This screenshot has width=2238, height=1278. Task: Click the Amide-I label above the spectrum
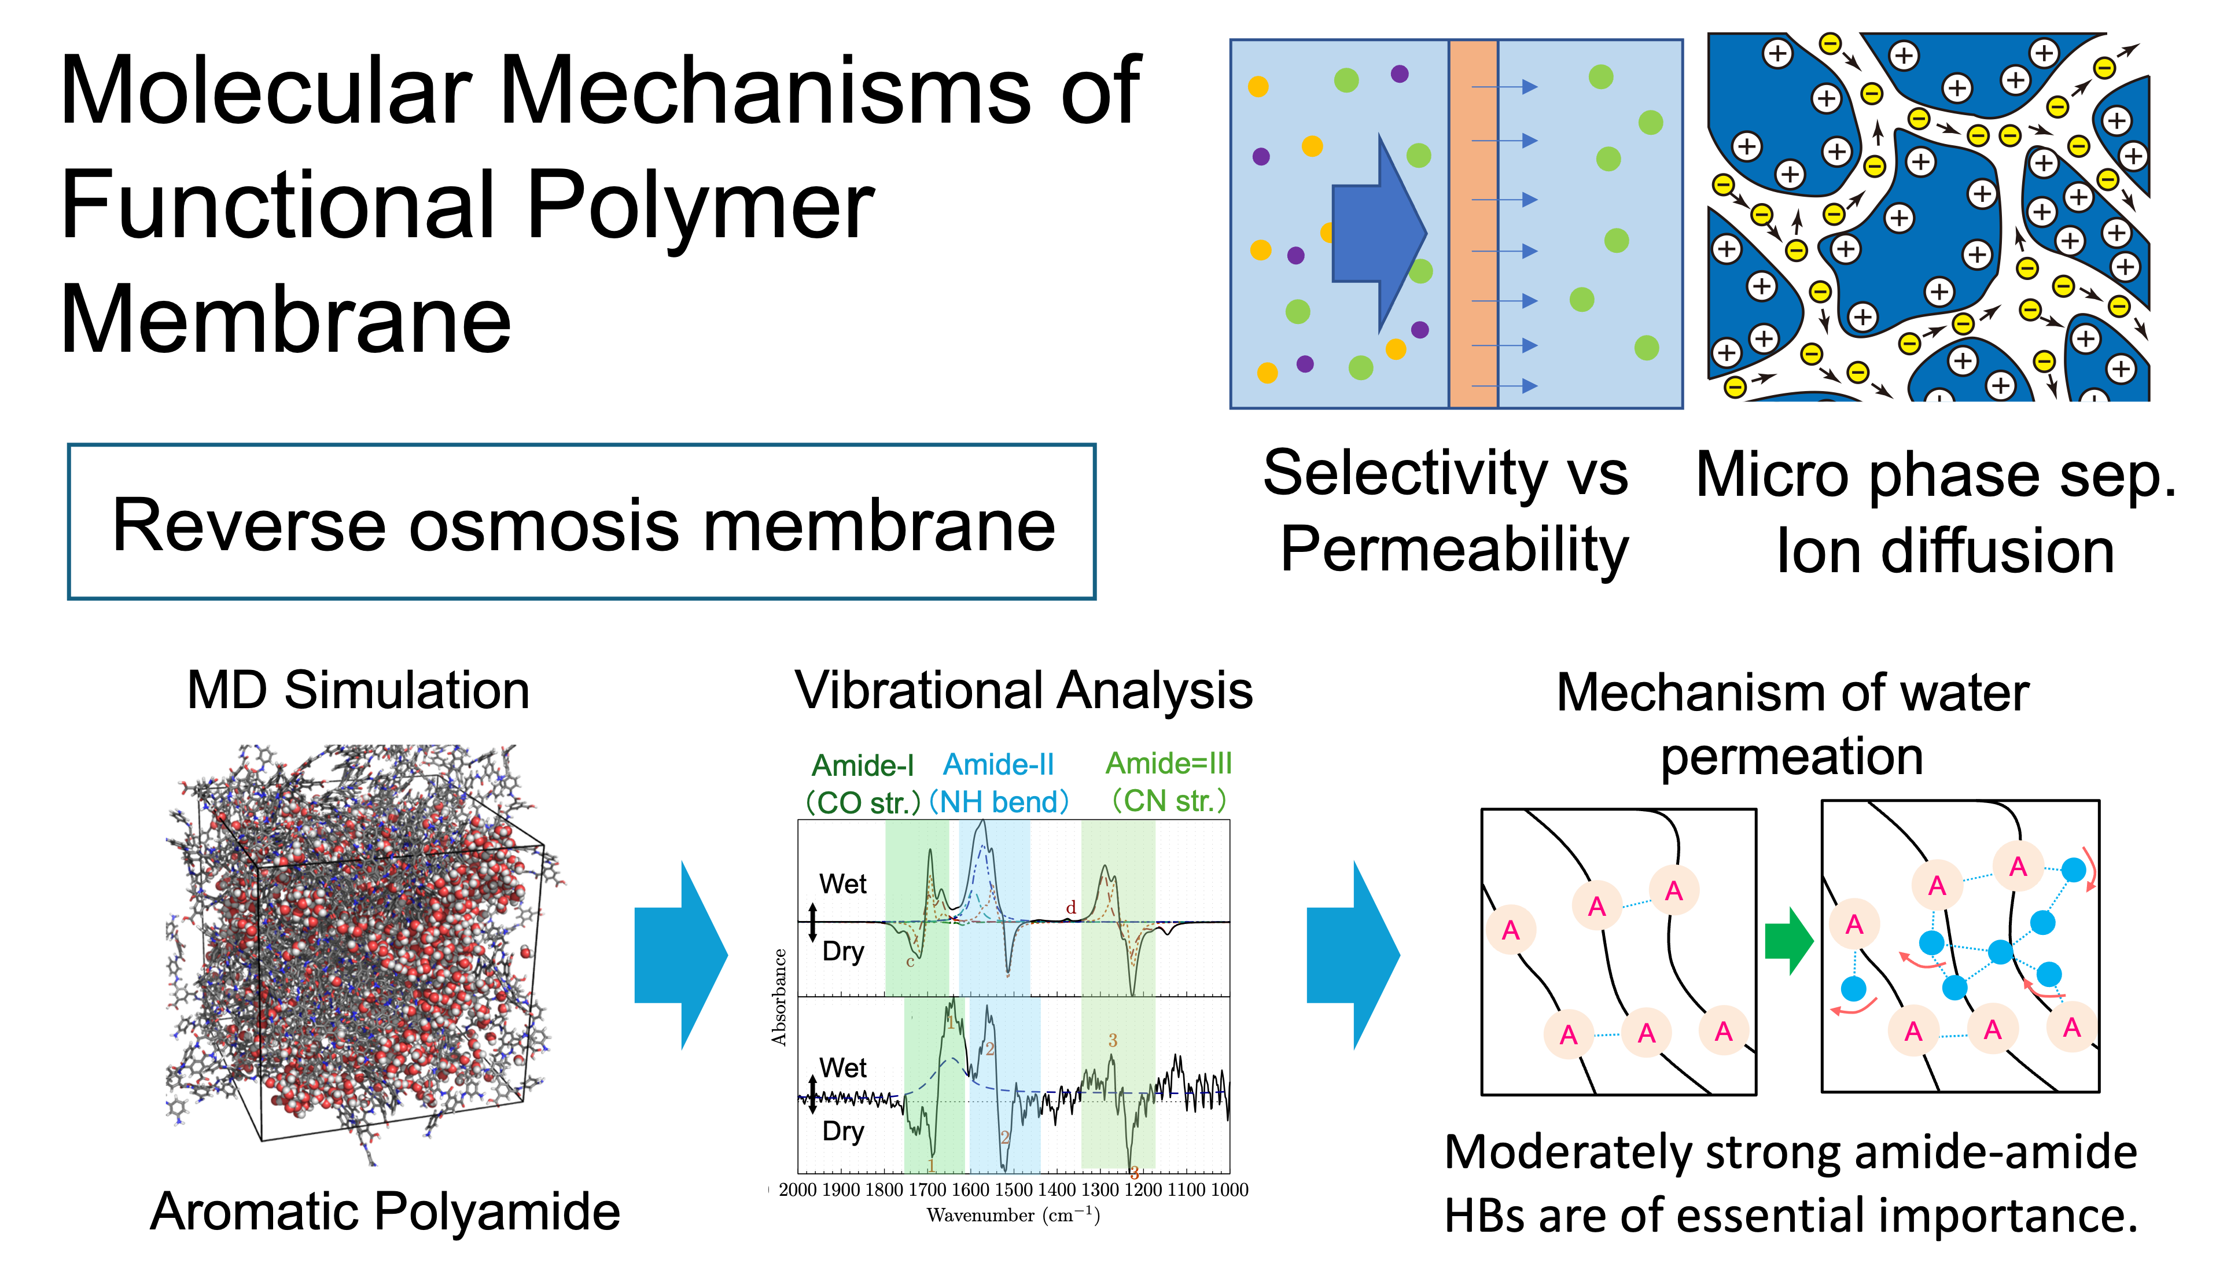click(x=863, y=765)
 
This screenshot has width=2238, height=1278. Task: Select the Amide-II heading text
click(x=998, y=764)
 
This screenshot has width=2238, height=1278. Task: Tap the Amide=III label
click(x=1168, y=763)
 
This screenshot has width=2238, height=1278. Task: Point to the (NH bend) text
click(x=999, y=801)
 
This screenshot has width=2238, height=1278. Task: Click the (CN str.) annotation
click(x=1168, y=801)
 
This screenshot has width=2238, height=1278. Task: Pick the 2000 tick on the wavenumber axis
click(x=797, y=1189)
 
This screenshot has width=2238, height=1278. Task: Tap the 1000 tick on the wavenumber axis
click(x=1229, y=1189)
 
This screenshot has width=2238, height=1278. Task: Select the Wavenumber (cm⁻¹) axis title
click(x=1013, y=1216)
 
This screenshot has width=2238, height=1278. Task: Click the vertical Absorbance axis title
click(x=778, y=997)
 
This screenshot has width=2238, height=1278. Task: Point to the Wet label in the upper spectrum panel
click(x=842, y=884)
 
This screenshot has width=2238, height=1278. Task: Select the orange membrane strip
click(x=1473, y=224)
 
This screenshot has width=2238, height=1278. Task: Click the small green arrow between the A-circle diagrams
click(x=1788, y=941)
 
